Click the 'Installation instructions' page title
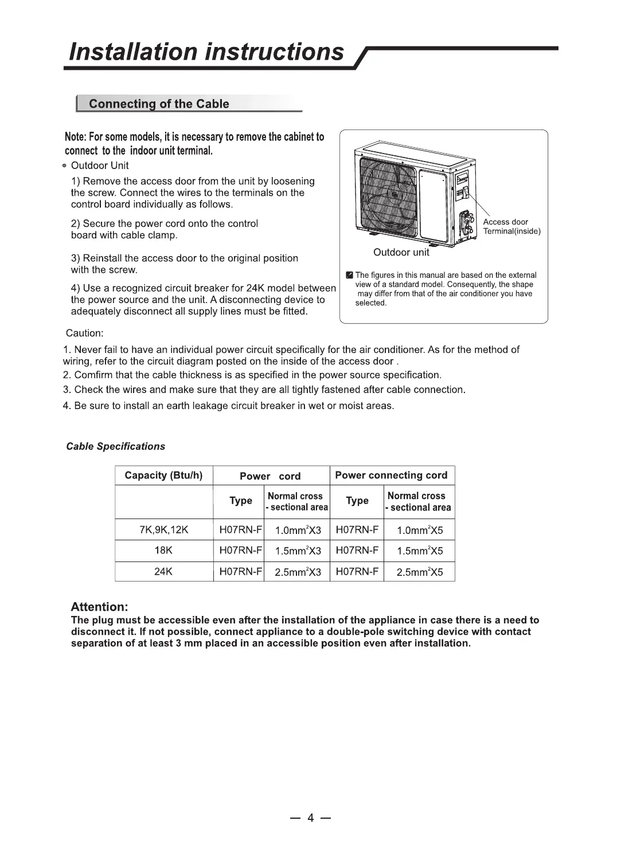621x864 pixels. click(x=206, y=52)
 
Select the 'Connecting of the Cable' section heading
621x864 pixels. click(x=159, y=104)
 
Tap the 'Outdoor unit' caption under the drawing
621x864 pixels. click(x=401, y=252)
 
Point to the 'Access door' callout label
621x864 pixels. click(x=505, y=222)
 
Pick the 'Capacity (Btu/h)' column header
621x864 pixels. click(x=163, y=476)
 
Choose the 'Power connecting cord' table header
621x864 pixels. click(x=391, y=476)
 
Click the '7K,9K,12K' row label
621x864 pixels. click(x=163, y=529)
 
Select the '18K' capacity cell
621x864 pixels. click(x=163, y=551)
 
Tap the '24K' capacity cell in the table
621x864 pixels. click(x=163, y=571)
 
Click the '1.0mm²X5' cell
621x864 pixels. click(x=420, y=530)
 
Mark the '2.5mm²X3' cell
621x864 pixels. click(x=298, y=572)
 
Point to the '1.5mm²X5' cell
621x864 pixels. click(x=420, y=551)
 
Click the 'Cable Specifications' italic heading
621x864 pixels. click(x=115, y=446)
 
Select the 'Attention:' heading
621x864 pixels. click(x=99, y=607)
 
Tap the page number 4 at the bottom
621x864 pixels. click(x=310, y=818)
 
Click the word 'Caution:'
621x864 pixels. click(x=84, y=333)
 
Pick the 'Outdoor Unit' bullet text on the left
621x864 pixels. click(x=100, y=166)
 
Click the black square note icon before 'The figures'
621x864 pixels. click(x=349, y=276)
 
